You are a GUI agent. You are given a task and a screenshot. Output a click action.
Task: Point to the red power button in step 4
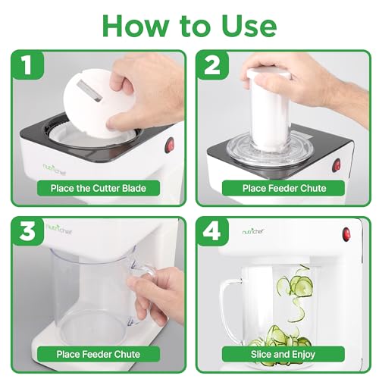pos(346,234)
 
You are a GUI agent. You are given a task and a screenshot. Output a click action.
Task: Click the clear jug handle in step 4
pos(229,307)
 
